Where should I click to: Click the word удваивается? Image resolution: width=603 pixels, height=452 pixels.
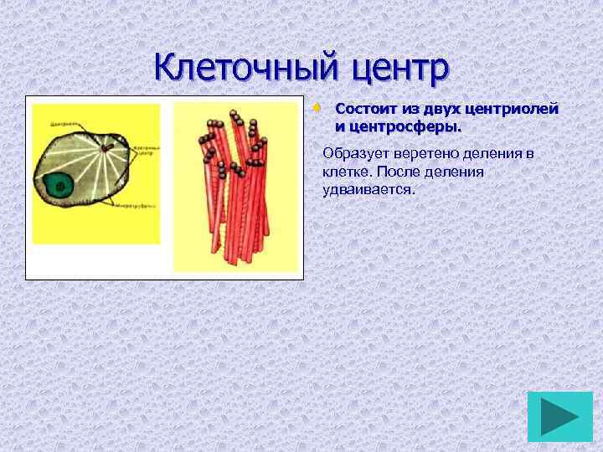click(x=368, y=189)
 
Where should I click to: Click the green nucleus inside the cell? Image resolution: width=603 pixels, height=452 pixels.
click(x=61, y=185)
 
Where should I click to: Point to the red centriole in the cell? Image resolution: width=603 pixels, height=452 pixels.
click(x=105, y=150)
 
